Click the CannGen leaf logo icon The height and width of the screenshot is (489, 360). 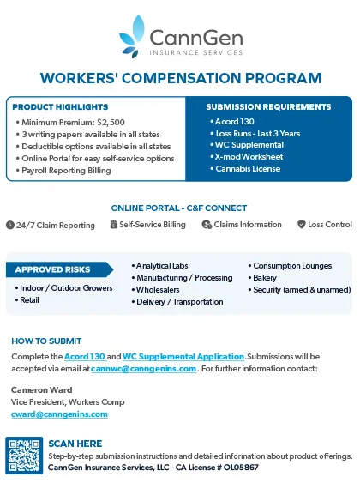(x=132, y=35)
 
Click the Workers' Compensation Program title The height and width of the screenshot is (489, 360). (x=180, y=78)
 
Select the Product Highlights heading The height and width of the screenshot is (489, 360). (x=60, y=107)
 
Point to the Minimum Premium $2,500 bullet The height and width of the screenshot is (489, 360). (x=73, y=123)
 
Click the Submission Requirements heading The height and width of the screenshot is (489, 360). (x=268, y=107)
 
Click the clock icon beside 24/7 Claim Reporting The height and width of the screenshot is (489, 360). (x=9, y=225)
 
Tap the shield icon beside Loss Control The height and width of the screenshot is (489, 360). (x=301, y=225)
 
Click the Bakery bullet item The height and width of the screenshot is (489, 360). (x=264, y=278)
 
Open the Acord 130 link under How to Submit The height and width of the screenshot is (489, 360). (x=84, y=356)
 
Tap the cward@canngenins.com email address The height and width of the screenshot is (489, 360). (x=59, y=414)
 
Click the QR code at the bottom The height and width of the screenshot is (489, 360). (x=23, y=455)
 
